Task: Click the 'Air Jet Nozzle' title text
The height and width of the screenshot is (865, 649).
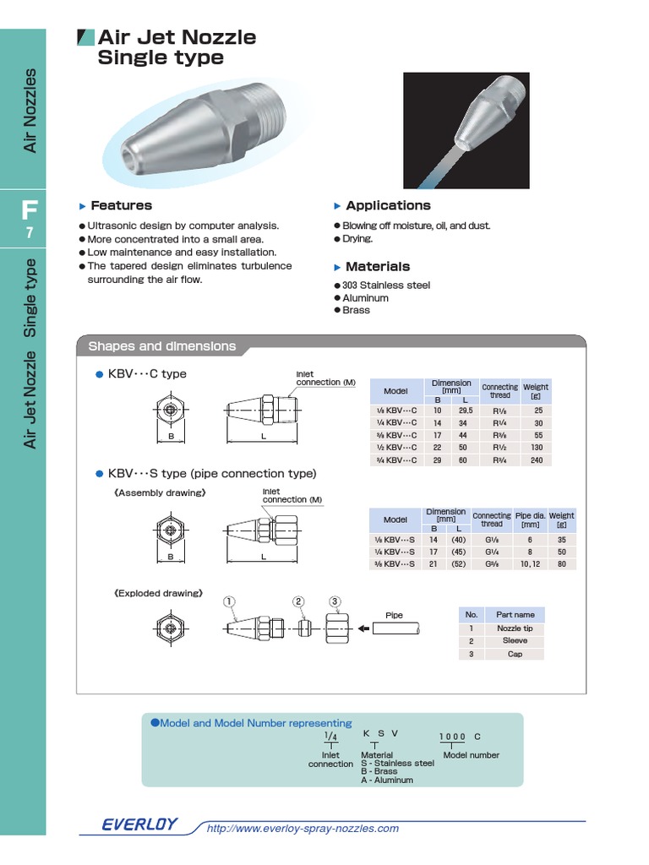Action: coord(177,37)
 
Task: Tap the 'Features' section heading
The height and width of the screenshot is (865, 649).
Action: coord(121,205)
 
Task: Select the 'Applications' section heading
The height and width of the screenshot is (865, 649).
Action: coord(388,205)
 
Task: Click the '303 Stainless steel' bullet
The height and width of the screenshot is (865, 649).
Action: coord(386,286)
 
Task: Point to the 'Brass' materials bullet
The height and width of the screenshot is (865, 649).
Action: coord(357,311)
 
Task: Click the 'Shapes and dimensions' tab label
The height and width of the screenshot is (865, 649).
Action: coord(162,346)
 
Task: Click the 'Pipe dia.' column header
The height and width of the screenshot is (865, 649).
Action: coord(530,520)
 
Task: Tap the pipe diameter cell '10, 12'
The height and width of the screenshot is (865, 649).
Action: coord(530,563)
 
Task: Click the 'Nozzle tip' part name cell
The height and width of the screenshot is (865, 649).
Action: coord(515,628)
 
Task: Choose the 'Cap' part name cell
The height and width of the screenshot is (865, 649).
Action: coord(515,654)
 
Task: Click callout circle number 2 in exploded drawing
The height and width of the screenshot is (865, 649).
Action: coord(298,601)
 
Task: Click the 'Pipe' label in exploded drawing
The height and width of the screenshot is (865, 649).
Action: coord(394,615)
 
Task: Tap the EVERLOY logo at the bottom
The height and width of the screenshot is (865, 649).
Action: coord(139,825)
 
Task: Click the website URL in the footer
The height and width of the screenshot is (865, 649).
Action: coord(303,829)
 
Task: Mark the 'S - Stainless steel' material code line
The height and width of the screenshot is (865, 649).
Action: coord(397,763)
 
